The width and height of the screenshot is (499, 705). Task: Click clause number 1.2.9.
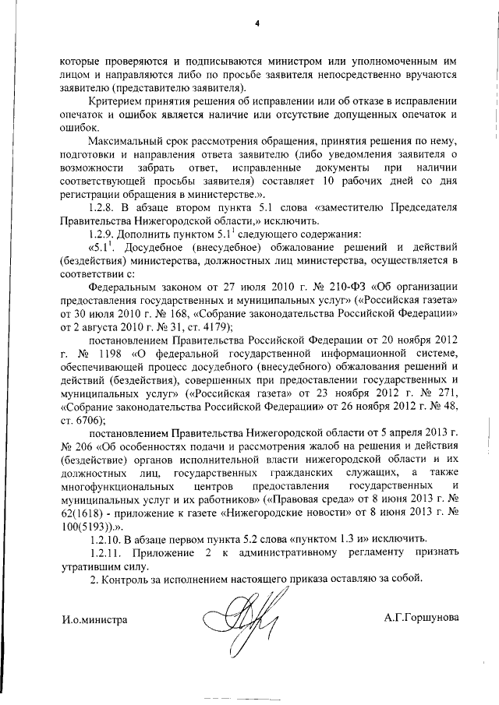coord(106,233)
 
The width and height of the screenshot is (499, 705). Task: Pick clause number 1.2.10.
coord(108,540)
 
